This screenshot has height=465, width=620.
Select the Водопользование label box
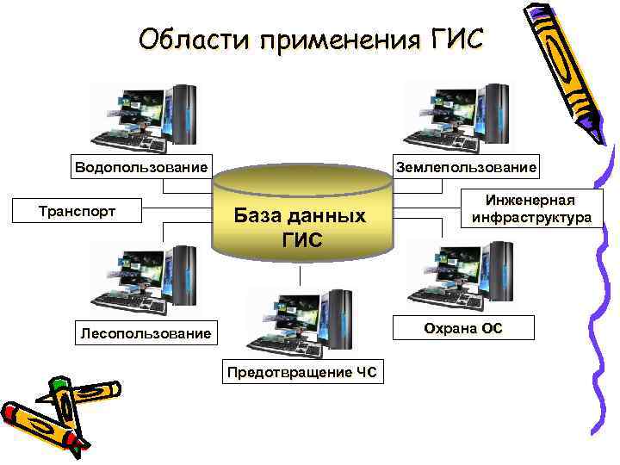141,166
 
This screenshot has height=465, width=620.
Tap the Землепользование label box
465,166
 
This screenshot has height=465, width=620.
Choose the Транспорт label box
77,210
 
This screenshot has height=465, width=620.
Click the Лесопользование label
144,332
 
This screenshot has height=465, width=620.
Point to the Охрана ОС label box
463,328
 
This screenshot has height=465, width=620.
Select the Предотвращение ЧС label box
304,372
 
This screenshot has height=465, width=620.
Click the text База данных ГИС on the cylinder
301,226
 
